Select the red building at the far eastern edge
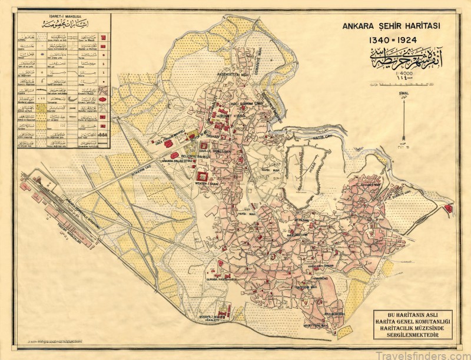click(x=449, y=207)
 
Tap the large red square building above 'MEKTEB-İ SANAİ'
click(x=204, y=176)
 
